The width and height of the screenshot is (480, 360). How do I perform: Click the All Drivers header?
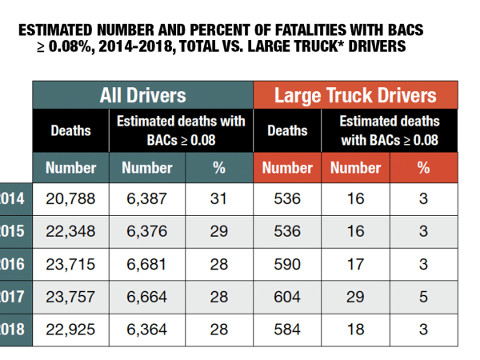(142, 95)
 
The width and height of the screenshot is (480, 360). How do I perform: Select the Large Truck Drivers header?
(355, 95)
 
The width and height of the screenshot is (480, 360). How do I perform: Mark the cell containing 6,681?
(146, 264)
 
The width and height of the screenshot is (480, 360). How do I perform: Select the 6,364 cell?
(146, 329)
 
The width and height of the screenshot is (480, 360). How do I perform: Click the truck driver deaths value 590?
(286, 264)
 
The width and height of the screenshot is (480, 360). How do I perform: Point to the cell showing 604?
(286, 296)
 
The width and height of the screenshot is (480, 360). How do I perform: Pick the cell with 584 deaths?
(286, 329)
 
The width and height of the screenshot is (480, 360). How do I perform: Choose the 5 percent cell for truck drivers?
(423, 296)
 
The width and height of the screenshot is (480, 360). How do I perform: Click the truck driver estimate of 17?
(355, 264)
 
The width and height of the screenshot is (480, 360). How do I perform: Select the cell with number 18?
(355, 329)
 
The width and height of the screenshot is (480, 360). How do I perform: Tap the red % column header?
(423, 168)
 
